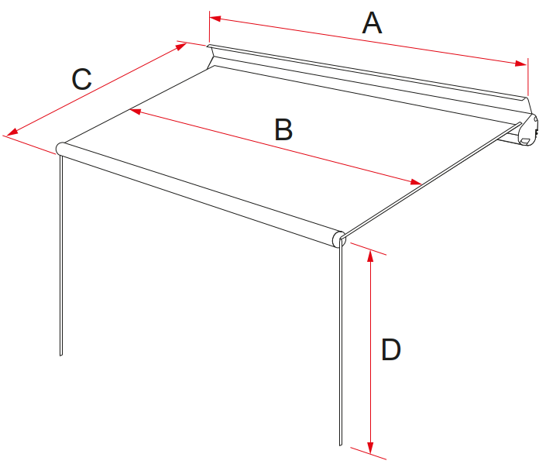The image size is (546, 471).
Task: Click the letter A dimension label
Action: (372, 23)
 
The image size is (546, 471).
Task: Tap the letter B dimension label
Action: (283, 129)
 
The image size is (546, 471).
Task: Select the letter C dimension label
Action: (81, 79)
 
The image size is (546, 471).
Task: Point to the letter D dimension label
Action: (391, 349)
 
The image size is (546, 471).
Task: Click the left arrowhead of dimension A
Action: (215, 18)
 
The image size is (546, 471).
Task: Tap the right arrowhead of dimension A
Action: (521, 63)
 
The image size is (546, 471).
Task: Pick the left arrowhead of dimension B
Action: (135, 111)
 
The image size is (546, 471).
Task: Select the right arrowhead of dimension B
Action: (417, 182)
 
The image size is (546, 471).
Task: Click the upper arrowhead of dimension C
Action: (181, 46)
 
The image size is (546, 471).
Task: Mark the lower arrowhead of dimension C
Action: (12, 132)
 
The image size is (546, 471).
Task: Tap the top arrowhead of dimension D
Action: (370, 256)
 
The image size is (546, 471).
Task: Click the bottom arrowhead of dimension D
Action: (370, 447)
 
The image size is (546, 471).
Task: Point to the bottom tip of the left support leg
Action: (61, 356)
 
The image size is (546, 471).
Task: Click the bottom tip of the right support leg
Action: (341, 445)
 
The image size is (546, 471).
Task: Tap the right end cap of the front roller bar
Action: (338, 239)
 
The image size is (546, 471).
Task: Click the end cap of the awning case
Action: (528, 129)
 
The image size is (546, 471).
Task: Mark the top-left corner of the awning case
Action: (208, 45)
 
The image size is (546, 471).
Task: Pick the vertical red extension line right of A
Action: (528, 77)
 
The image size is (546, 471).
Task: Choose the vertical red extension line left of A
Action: (209, 26)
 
